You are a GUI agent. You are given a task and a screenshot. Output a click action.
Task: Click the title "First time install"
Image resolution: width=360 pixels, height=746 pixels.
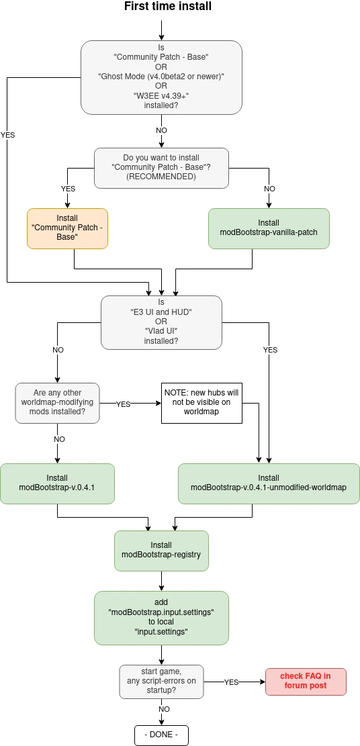pos(168,6)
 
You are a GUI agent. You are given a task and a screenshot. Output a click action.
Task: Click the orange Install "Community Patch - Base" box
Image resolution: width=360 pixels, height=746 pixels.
pos(67,228)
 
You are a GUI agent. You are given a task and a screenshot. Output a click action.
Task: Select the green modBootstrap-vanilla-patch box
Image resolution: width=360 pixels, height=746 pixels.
pos(269,228)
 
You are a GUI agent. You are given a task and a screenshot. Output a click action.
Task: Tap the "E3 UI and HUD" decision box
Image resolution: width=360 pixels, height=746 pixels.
pos(161,323)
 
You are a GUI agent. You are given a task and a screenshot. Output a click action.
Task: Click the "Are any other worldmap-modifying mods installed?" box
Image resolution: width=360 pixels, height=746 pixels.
pos(58,403)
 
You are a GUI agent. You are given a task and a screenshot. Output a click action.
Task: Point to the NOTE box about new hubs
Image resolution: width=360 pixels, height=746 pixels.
pos(201,403)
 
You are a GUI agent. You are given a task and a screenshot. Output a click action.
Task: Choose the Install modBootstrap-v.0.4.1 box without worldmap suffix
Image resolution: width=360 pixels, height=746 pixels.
pos(57,484)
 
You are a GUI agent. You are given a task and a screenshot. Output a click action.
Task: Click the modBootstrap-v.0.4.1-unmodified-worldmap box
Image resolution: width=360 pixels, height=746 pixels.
pos(269,484)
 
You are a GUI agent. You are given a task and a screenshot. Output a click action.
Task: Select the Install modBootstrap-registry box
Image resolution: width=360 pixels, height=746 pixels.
pos(161,551)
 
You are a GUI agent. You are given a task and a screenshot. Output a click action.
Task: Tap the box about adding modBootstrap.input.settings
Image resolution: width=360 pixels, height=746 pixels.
pos(161,618)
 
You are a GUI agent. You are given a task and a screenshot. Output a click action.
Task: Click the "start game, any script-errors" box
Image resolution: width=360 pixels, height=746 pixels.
pos(161,682)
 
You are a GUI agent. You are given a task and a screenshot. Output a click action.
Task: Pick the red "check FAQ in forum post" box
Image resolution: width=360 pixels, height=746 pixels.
pos(305,682)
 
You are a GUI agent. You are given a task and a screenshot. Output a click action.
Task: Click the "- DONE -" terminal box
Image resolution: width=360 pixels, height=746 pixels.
pos(161,735)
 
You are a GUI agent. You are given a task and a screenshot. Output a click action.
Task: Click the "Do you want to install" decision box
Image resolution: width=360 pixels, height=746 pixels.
pos(161,168)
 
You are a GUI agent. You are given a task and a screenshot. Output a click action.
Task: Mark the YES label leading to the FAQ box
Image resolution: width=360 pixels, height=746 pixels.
pos(232,682)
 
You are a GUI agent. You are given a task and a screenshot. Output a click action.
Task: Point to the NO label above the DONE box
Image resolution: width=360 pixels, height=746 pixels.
pos(165,709)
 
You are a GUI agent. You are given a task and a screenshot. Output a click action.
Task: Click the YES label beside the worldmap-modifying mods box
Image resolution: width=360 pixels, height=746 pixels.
pos(124,404)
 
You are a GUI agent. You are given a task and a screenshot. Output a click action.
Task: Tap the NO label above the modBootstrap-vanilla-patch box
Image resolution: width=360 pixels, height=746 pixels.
pos(269,189)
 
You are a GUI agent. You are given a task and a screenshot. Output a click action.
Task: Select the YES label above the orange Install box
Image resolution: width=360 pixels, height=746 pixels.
pos(68,189)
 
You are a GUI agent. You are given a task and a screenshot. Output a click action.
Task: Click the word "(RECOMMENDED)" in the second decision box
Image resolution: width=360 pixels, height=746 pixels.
pos(161,177)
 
